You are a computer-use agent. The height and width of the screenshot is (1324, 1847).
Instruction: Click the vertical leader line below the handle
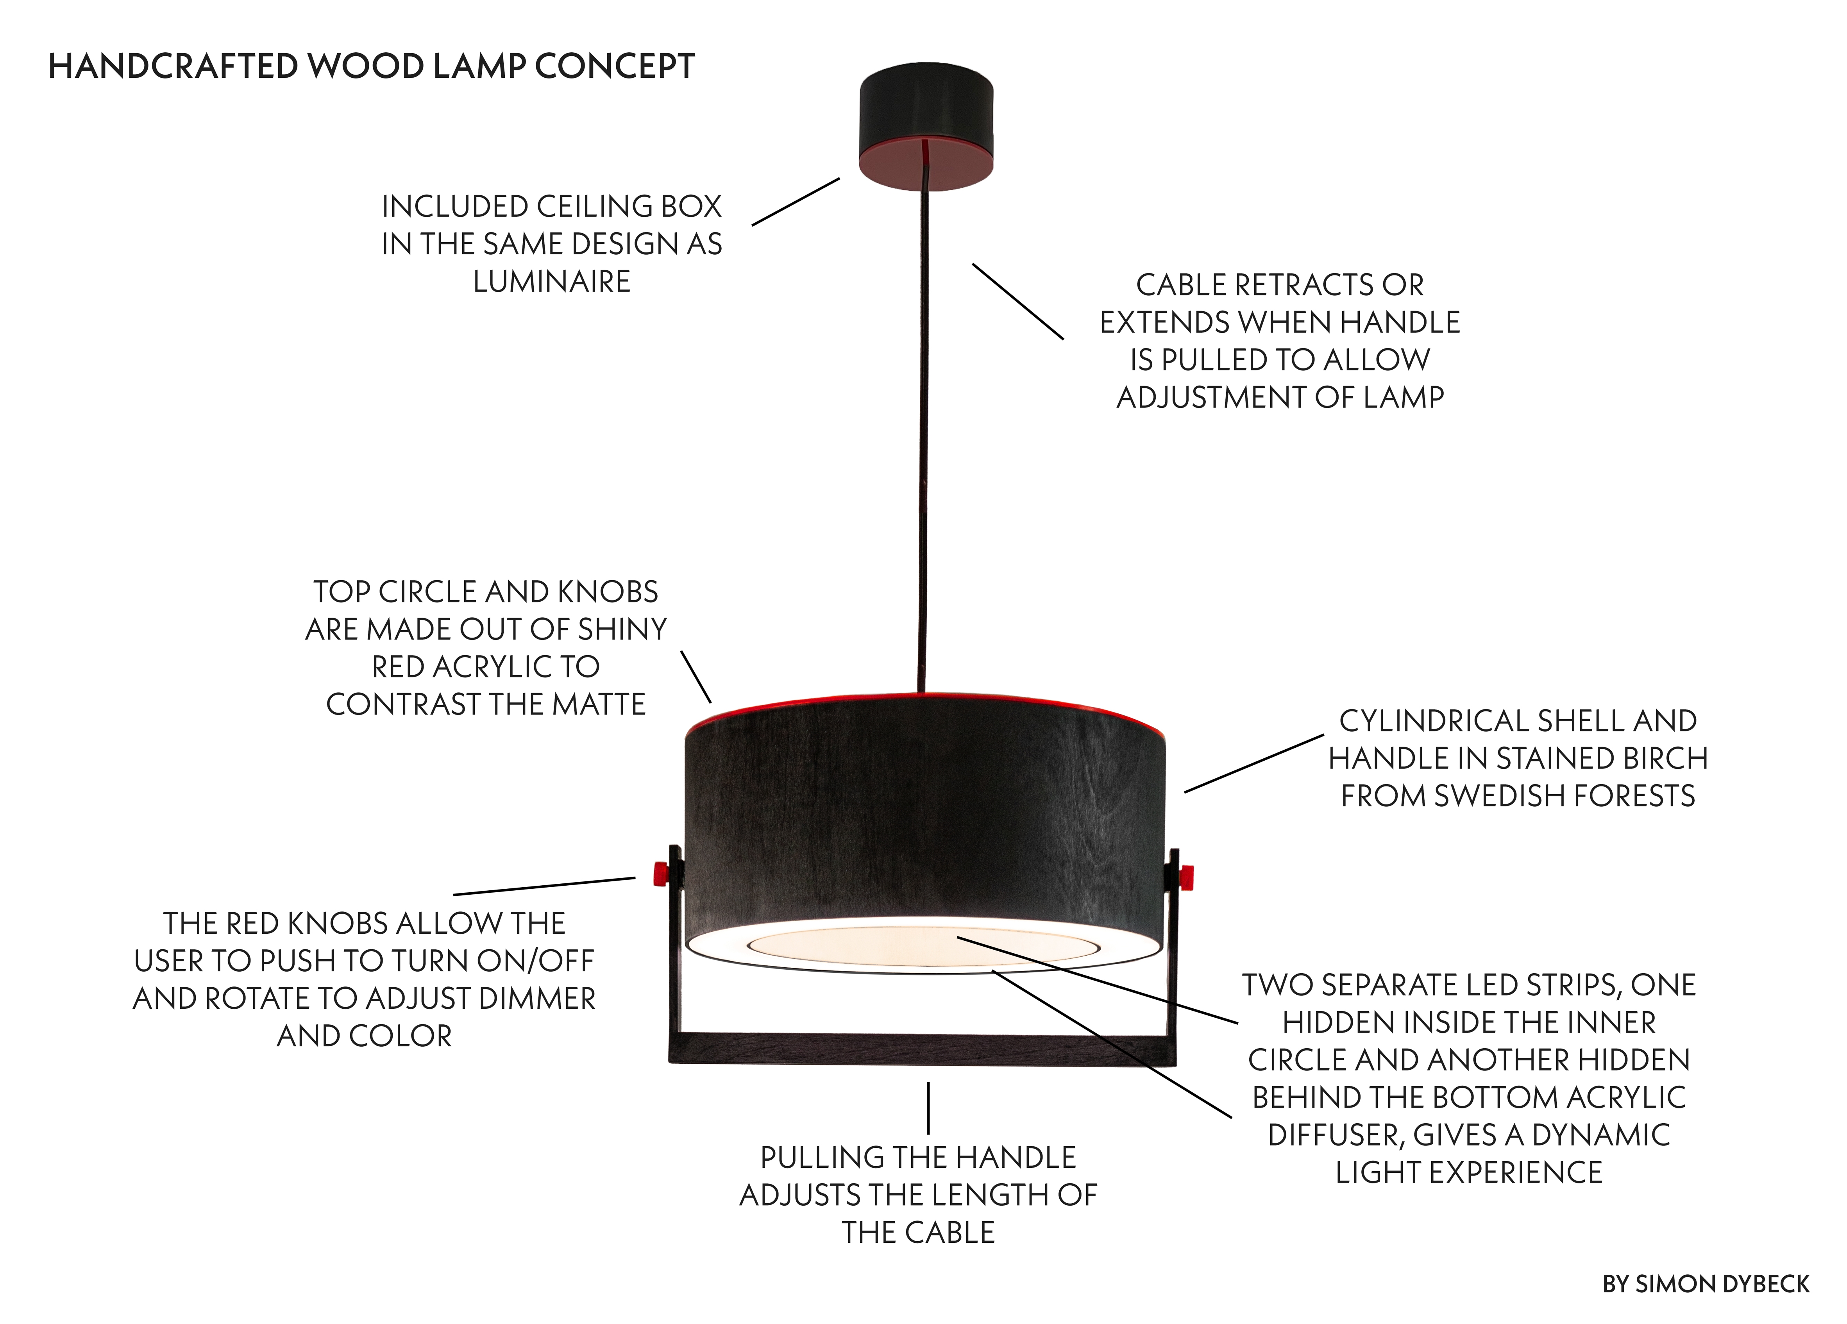[x=928, y=1108]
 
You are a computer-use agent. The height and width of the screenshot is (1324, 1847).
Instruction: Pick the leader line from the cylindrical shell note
[x=1254, y=763]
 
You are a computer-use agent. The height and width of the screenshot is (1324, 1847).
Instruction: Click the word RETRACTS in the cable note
[x=1303, y=285]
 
